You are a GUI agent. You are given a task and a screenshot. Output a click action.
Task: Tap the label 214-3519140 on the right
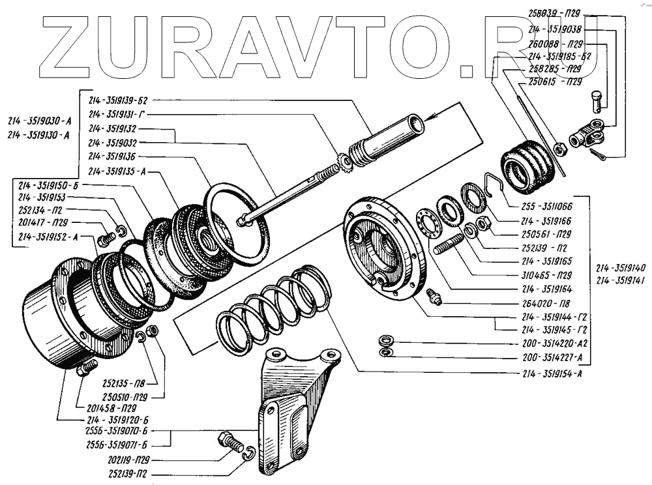621,267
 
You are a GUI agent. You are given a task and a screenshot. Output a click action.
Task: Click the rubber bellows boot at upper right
526,166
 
